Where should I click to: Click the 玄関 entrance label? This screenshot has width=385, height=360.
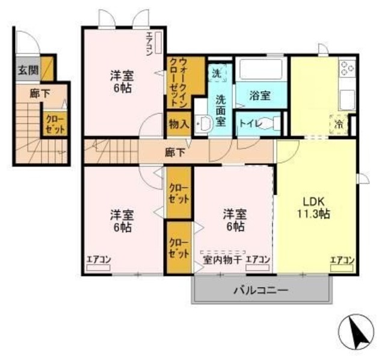(27, 70)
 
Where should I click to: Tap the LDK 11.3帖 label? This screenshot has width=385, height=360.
(314, 206)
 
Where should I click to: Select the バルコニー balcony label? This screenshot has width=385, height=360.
(260, 289)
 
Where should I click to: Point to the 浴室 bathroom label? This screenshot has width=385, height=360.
(260, 94)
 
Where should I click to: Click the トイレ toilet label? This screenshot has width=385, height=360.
(248, 123)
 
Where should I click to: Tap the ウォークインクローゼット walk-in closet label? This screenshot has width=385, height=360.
(179, 82)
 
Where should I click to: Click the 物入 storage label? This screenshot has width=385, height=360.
(179, 124)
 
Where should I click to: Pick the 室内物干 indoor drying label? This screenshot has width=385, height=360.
(222, 260)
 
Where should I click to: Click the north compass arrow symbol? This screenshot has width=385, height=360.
(358, 332)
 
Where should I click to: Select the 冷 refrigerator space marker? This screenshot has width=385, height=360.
(339, 124)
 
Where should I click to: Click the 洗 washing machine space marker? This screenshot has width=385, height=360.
(217, 73)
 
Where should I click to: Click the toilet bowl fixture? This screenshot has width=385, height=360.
(270, 124)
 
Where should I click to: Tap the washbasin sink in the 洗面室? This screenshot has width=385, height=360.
(204, 124)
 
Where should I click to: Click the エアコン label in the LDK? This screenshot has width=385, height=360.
(341, 260)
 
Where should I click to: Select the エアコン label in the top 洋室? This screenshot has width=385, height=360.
(149, 43)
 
